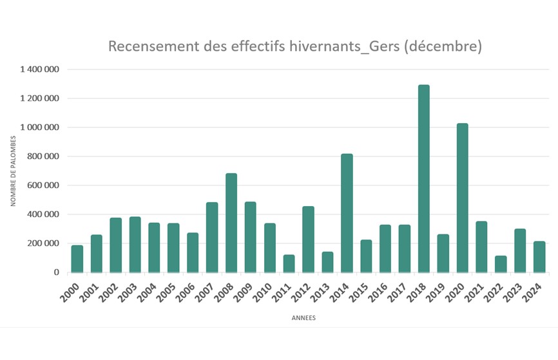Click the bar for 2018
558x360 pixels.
coord(423,178)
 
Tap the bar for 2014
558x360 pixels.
coord(347,213)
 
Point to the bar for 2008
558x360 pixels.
coord(231,223)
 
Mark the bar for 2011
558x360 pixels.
coord(289,263)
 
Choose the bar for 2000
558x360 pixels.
coord(77,259)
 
